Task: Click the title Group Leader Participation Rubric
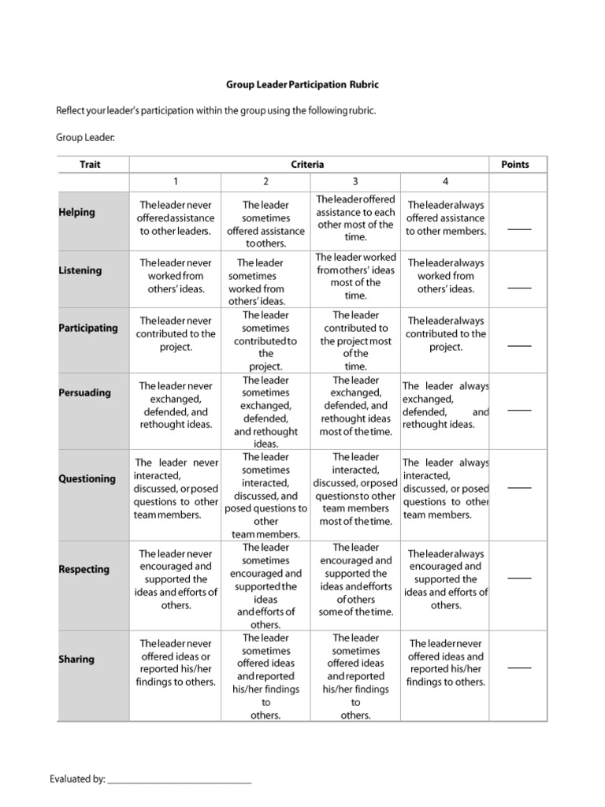(302, 84)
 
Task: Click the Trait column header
(90, 165)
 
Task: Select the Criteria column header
(307, 165)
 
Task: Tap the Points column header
(515, 165)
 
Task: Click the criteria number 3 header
(355, 181)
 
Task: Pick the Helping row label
(76, 212)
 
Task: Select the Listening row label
(80, 270)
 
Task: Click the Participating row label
(88, 328)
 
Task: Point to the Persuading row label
(85, 392)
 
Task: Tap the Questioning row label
(87, 478)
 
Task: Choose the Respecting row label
(84, 569)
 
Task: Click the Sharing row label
(76, 659)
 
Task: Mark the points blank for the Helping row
(518, 229)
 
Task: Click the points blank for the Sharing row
(518, 668)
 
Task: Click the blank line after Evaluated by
(179, 782)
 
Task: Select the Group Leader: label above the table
(85, 138)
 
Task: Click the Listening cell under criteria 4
(446, 276)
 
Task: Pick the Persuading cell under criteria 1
(176, 405)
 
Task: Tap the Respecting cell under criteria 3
(355, 580)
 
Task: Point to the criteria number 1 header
(176, 181)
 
